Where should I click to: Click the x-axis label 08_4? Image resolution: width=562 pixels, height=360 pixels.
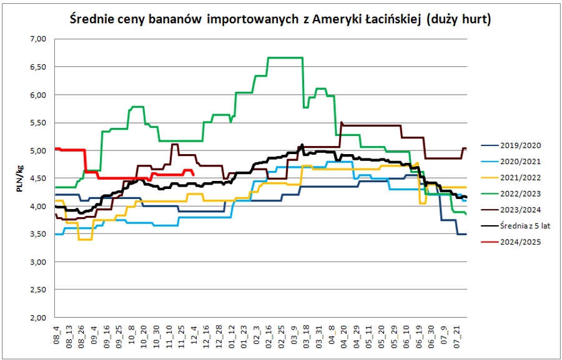56,337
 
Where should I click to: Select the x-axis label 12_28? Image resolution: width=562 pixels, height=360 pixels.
219,337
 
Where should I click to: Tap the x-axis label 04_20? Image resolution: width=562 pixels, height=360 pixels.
344,337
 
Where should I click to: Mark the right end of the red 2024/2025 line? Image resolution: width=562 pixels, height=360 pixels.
194,175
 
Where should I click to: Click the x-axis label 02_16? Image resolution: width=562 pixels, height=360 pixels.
269,337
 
